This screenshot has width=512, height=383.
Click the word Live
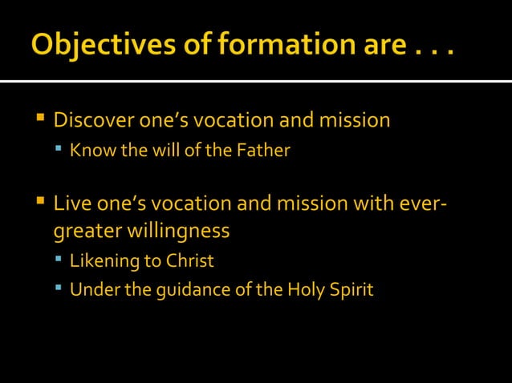(69, 204)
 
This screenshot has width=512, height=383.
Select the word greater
(84, 232)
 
